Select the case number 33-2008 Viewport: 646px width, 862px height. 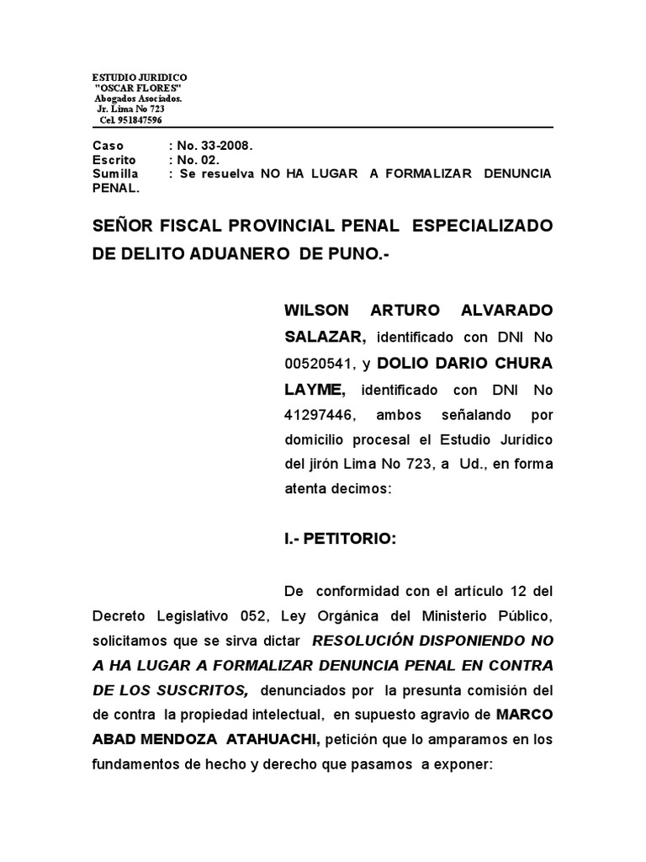click(222, 146)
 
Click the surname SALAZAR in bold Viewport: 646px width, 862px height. click(325, 338)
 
